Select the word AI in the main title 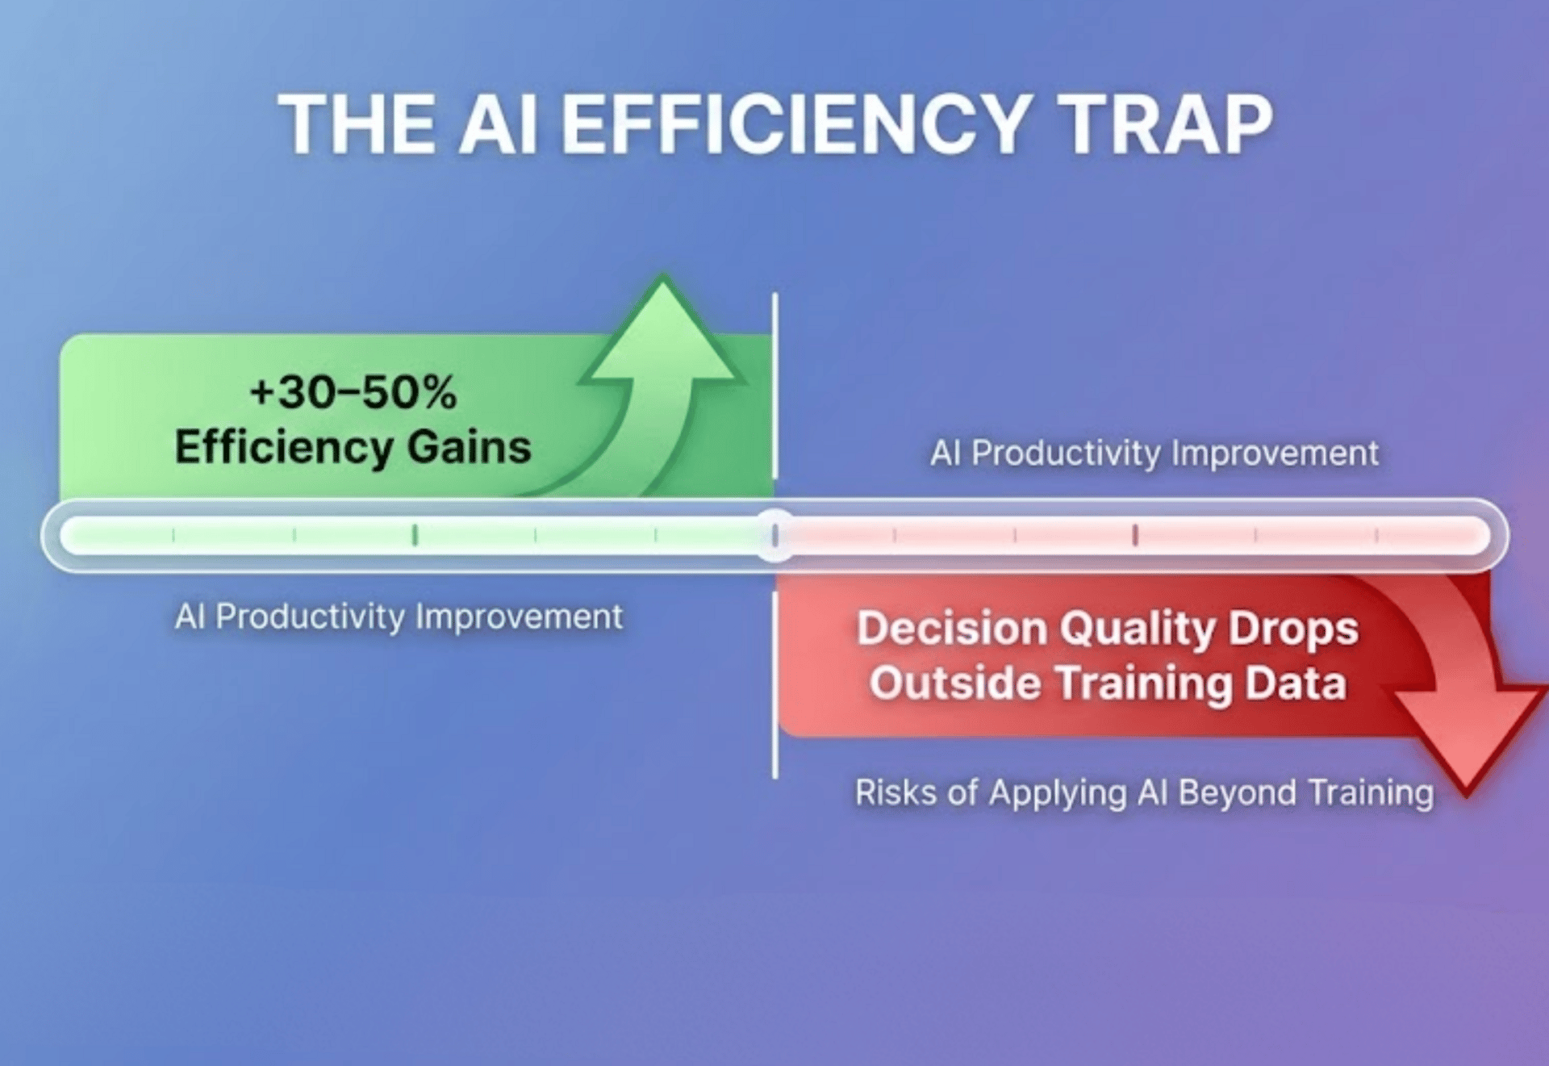498,124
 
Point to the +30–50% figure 353,392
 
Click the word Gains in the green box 469,447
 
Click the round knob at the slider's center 775,535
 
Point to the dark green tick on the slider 415,535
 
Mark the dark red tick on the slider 1135,535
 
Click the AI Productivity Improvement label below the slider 399,617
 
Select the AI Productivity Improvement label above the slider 1154,454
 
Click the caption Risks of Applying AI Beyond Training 1144,793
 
